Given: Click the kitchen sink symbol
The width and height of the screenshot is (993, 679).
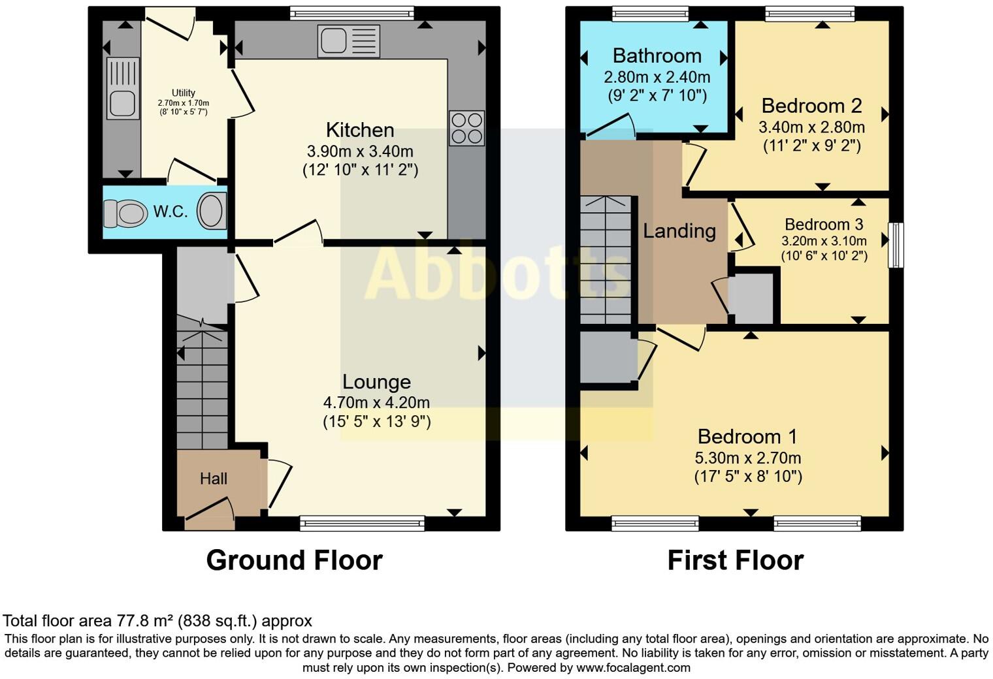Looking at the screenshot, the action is pos(348,41).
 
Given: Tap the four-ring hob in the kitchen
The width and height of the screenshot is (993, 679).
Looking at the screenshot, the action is pos(466,128).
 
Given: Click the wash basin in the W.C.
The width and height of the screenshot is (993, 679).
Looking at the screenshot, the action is pos(212,211).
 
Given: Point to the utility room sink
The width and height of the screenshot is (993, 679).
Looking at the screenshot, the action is pos(123,88).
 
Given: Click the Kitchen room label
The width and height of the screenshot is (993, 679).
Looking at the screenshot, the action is pos(360,130).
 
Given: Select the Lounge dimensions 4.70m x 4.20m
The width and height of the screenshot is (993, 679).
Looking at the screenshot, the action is pos(376,403).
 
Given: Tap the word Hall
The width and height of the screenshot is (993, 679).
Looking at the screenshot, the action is pos(213,479).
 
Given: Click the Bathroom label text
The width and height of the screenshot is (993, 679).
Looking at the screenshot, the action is pos(657,55).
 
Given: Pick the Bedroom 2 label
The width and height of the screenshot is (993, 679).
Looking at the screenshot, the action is pos(811,106).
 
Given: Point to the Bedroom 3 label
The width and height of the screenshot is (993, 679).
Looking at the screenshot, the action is pos(824,225).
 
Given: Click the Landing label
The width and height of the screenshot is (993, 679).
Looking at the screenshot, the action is pos(679,231).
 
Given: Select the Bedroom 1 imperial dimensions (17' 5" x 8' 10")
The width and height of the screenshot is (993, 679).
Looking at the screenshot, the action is pos(748,477).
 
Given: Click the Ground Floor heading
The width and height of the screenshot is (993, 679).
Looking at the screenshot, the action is pos(295,560).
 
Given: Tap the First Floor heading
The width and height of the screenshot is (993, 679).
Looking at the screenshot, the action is pos(736,560).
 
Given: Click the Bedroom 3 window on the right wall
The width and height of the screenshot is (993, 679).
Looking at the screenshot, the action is pos(896,245).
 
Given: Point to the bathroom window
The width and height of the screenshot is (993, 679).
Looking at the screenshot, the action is pos(650,14).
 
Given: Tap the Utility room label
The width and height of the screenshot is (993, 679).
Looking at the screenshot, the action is pos(184,93).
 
